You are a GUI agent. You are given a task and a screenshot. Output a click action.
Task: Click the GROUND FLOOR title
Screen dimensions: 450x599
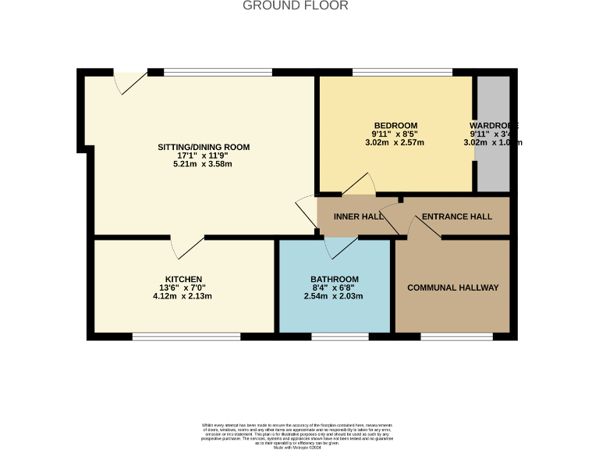(x=296, y=6)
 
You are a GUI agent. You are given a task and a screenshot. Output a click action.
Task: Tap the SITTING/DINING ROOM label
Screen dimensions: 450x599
(x=204, y=147)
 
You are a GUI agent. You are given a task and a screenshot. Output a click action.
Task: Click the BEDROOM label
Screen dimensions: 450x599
(x=395, y=126)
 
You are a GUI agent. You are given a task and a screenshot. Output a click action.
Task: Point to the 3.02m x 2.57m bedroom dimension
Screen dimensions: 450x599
(x=395, y=143)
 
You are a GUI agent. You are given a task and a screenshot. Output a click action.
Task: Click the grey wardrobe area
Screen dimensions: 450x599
(x=493, y=164)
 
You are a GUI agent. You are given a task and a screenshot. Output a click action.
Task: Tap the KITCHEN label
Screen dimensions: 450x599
(x=183, y=280)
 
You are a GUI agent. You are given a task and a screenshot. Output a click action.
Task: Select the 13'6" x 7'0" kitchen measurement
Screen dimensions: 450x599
(x=183, y=288)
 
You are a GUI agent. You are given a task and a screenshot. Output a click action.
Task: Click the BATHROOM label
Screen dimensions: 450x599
(x=335, y=280)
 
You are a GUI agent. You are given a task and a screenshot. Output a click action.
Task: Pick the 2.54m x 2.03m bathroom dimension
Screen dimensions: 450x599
(x=334, y=297)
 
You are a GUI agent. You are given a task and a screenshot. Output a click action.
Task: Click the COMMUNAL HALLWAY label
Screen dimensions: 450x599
(x=452, y=287)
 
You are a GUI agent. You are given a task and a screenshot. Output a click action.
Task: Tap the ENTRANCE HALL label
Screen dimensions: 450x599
(x=457, y=216)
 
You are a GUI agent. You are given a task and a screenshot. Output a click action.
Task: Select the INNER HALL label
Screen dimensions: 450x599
(x=358, y=216)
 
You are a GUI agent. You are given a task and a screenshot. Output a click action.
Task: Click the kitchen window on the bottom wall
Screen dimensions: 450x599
(x=186, y=337)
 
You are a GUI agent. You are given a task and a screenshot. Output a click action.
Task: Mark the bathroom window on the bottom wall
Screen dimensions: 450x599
(x=340, y=337)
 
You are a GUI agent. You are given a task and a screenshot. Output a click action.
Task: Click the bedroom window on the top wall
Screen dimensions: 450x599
(x=402, y=73)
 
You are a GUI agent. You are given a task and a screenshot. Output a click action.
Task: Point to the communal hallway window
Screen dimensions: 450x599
(x=456, y=337)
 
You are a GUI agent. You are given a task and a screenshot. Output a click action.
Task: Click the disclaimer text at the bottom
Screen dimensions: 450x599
(x=296, y=434)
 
